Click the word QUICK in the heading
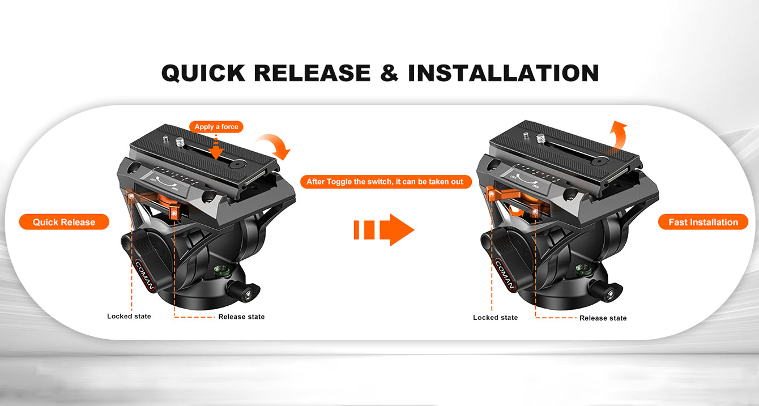click(x=203, y=73)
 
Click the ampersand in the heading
click(x=389, y=73)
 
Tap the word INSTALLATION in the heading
click(x=504, y=73)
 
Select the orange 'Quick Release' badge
click(x=64, y=222)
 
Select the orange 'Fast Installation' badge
click(x=703, y=222)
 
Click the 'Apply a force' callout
click(x=216, y=127)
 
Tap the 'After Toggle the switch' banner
click(x=386, y=182)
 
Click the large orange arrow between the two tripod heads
click(x=384, y=229)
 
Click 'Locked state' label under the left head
click(x=129, y=317)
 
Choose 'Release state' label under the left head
click(x=241, y=317)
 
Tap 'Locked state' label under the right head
click(x=496, y=318)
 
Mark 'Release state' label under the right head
click(x=603, y=318)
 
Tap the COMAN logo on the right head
click(x=505, y=275)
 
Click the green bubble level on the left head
click(x=221, y=270)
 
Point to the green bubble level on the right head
click(x=583, y=268)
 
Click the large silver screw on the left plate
click(x=180, y=142)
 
